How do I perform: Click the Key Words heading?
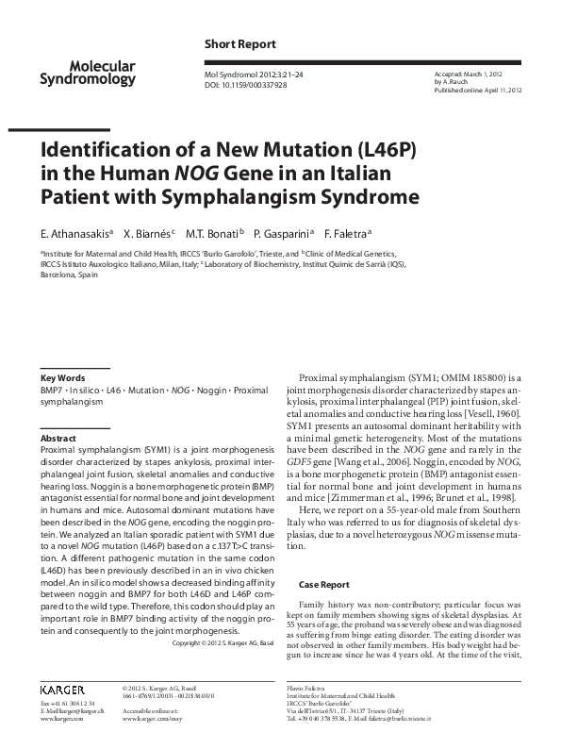pyautogui.click(x=63, y=376)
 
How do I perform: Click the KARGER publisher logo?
pyautogui.click(x=63, y=687)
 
